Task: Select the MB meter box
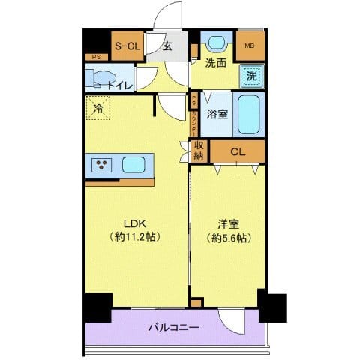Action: [250, 46]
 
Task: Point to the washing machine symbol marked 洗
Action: [251, 75]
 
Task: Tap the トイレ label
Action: [120, 85]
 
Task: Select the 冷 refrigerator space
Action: [97, 109]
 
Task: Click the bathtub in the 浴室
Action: [248, 114]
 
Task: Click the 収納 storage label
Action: [199, 151]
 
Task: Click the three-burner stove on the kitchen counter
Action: [100, 166]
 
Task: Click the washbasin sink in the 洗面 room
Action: [217, 43]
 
